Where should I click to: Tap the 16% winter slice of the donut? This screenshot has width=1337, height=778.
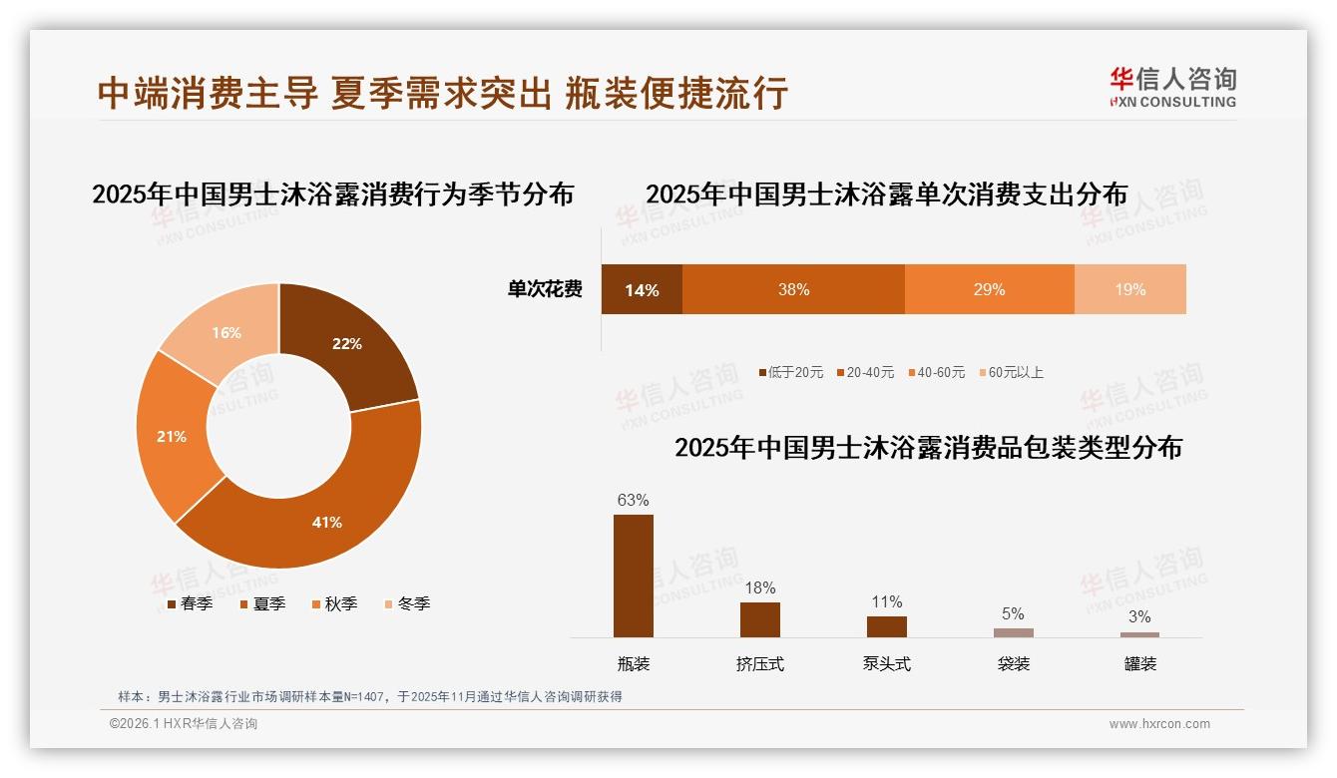click(x=224, y=331)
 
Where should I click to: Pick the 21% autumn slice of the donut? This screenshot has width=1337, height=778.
click(x=172, y=437)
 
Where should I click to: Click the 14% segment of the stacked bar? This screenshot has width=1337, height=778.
click(x=642, y=290)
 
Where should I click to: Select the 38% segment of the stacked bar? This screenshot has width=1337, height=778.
click(x=793, y=290)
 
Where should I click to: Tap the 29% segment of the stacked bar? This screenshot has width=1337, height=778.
click(x=989, y=290)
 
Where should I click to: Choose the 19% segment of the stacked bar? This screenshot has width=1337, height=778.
click(x=1129, y=290)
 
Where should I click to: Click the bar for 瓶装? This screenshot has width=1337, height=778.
click(x=634, y=576)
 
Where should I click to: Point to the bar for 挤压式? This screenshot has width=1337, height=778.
click(x=760, y=619)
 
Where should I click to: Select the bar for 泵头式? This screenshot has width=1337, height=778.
click(x=887, y=626)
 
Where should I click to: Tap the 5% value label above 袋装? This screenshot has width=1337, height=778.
click(x=1013, y=614)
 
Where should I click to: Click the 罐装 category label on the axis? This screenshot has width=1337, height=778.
click(x=1139, y=664)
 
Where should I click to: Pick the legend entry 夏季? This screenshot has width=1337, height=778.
click(x=263, y=604)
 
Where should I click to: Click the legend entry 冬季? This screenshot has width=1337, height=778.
click(x=408, y=604)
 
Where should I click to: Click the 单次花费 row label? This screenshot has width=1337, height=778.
click(x=545, y=290)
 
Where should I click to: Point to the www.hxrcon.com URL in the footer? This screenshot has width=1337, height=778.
click(x=1159, y=724)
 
